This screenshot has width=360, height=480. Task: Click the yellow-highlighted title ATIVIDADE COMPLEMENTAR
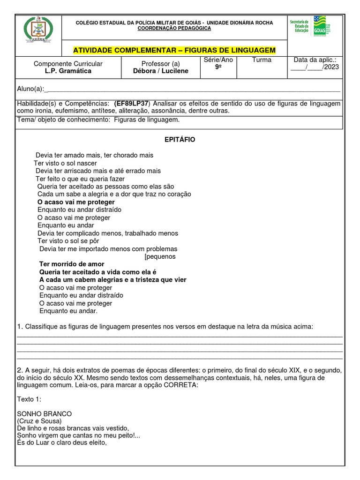tap(174, 50)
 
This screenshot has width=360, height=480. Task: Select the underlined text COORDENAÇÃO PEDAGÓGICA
tap(174, 28)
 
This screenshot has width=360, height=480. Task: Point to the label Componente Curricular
tap(68, 63)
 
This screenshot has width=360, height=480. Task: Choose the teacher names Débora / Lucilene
tap(161, 71)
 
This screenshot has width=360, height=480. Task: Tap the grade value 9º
tap(218, 67)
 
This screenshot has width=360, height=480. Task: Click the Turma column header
tap(261, 60)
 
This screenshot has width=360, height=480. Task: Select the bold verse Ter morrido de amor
tap(72, 264)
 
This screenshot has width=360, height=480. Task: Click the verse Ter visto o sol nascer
tap(65, 163)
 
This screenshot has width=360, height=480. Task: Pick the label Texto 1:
tap(29, 399)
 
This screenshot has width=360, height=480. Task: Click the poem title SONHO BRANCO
tap(44, 414)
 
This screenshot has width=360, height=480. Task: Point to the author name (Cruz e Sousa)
tap(41, 421)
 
